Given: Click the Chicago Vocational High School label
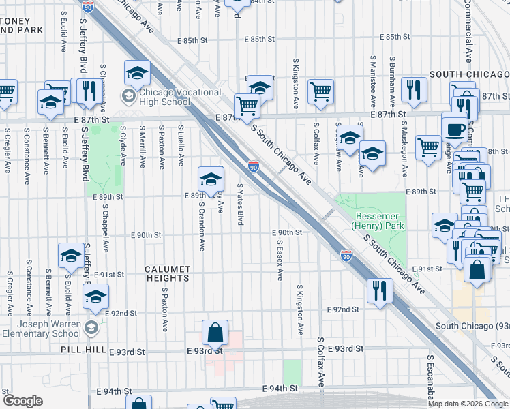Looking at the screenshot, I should pos(164,97).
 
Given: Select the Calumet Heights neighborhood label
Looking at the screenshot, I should pos(167,273).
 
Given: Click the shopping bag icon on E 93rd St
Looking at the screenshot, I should pos(215,333).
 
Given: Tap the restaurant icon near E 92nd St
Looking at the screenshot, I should pos(380,290).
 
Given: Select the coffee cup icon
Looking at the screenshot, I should pos(455,128).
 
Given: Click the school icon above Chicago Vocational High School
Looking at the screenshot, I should pos(137,72).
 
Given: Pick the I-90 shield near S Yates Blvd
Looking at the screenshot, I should pos(254,166).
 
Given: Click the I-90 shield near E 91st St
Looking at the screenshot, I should pos(346,256).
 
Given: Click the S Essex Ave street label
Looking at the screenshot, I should pos(280,260).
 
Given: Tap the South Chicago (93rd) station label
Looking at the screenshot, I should pos(470,326).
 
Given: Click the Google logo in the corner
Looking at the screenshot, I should pos(22,401).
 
